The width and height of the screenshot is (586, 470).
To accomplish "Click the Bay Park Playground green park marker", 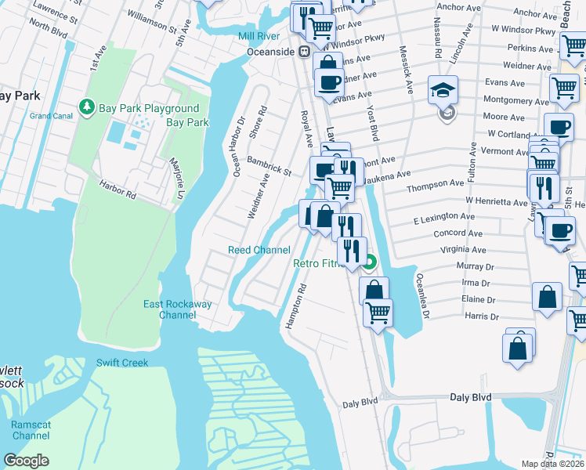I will [85, 107].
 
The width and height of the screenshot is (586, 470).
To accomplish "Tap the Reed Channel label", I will [259, 250].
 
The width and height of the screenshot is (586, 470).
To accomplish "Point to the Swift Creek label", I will [121, 363].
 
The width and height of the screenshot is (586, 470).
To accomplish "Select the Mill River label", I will [259, 37].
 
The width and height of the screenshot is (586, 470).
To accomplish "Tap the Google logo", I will [27, 461].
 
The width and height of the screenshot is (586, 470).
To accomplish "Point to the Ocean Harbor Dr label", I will [239, 146].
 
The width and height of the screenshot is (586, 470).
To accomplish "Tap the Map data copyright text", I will [553, 464].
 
